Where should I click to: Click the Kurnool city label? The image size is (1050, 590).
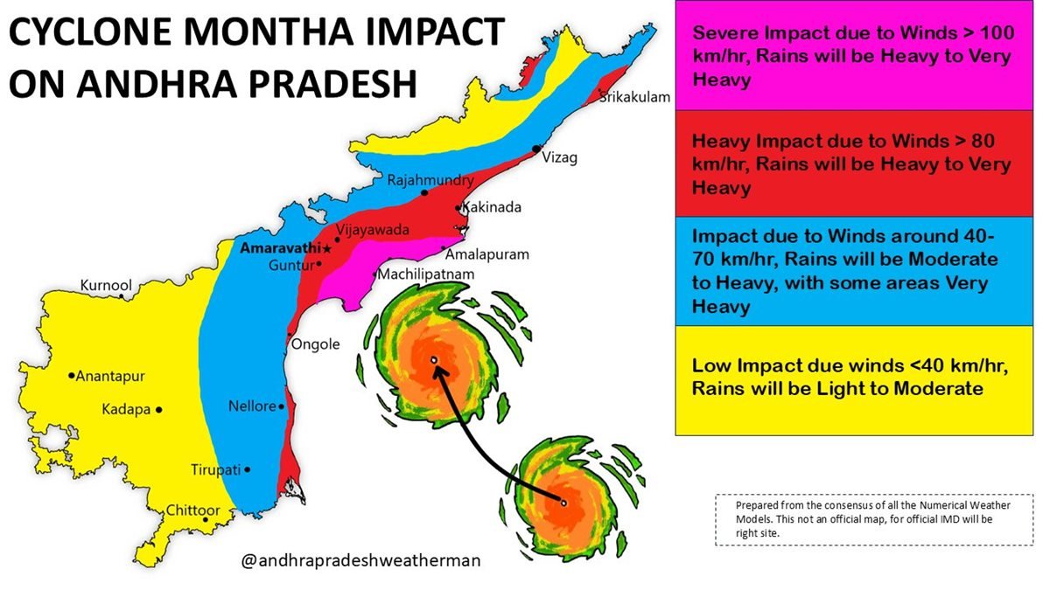(106, 286)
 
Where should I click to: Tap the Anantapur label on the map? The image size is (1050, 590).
(110, 377)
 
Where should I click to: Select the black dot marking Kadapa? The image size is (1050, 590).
(159, 409)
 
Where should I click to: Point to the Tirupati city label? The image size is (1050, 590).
(215, 470)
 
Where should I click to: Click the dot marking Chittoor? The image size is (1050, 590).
(206, 519)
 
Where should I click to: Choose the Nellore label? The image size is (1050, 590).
(252, 406)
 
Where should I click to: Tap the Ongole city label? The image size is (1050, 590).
(315, 344)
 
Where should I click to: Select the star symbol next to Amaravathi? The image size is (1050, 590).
(326, 249)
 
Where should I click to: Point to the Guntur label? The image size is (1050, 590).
(290, 265)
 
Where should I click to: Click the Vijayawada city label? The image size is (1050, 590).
(373, 230)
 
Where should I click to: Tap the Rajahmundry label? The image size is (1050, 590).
(430, 181)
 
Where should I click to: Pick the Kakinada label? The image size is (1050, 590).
(493, 208)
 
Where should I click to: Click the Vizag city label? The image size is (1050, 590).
(560, 158)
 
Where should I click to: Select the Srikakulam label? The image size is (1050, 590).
(635, 97)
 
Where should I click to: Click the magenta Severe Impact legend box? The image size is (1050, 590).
(855, 56)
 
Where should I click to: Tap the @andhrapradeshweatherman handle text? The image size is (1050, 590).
(360, 561)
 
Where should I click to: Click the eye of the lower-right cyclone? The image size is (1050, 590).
(564, 503)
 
